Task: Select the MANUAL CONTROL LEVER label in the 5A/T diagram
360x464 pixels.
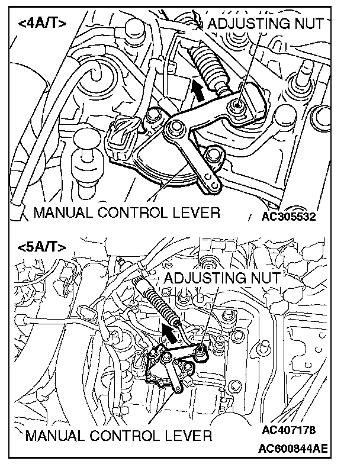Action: point(118,437)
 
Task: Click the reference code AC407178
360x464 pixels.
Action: point(288,429)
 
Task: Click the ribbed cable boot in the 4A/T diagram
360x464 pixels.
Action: point(211,66)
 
